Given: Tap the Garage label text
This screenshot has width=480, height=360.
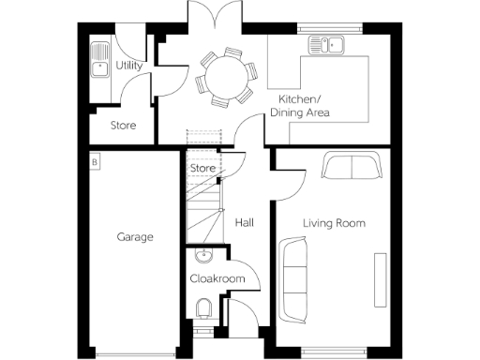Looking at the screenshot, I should coord(135,237).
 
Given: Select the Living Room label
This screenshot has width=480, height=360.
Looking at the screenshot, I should coord(333,223).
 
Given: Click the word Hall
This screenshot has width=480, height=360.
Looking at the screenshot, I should coord(244,223).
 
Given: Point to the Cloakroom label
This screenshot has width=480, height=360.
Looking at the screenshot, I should coord(217,278).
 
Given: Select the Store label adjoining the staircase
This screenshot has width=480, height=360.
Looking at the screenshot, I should coord(203,168).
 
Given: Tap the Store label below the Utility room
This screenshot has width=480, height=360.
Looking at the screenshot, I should coord(124,125).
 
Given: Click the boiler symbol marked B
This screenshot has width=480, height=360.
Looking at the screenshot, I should coord(94,162).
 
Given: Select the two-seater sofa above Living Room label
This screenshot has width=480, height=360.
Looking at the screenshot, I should coord(351,166).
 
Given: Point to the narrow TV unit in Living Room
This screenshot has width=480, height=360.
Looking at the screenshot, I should coord(380,278).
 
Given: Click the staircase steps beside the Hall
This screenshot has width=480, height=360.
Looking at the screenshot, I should coord(204,211).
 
